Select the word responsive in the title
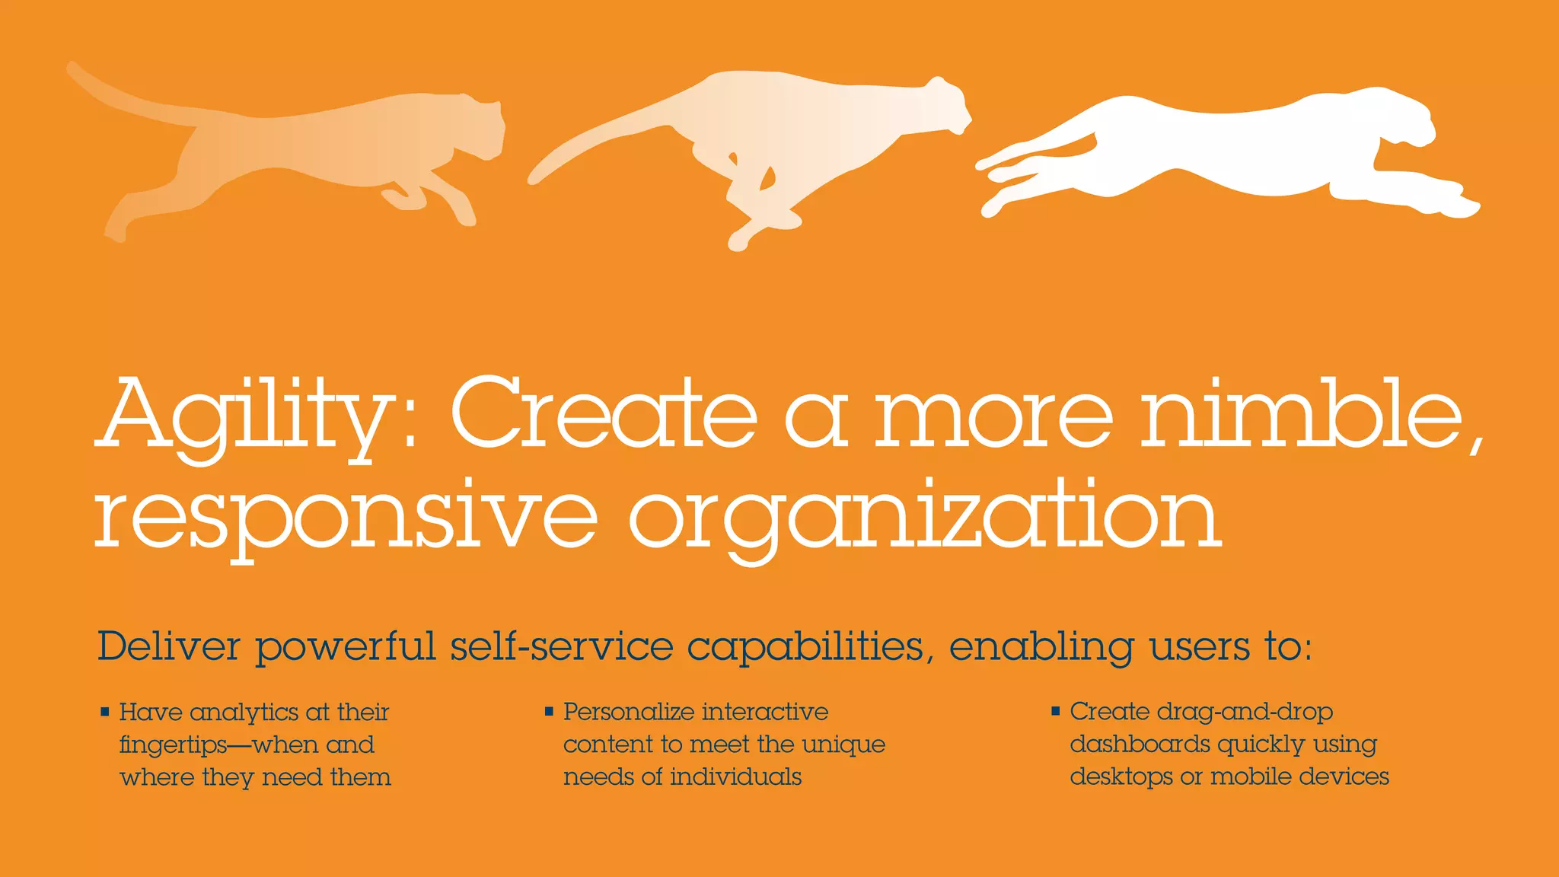tap(346, 518)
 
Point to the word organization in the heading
tap(925, 518)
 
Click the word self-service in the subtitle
tap(562, 646)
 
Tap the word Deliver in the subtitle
tap(168, 646)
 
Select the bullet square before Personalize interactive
tap(549, 712)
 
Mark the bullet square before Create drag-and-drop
tap(1056, 711)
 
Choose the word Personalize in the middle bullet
tap(628, 713)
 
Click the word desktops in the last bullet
tap(1121, 777)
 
